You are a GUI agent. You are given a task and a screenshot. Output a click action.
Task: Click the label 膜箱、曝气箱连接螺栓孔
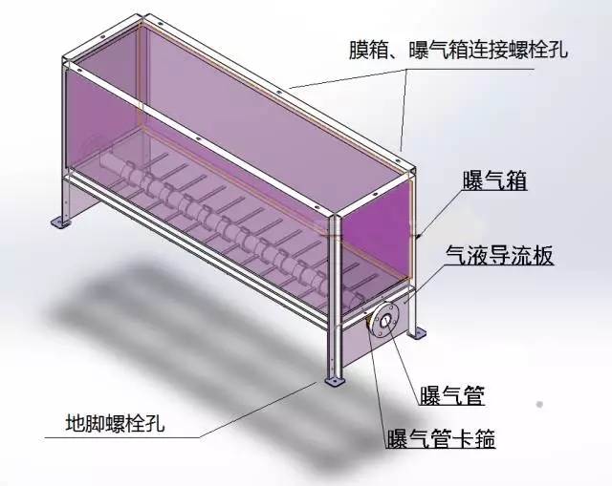458,51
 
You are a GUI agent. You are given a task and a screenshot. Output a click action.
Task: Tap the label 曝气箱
495,180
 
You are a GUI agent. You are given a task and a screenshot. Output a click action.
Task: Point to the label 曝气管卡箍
441,439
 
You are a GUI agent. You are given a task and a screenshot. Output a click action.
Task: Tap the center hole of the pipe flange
385,321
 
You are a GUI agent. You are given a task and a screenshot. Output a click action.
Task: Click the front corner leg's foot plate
334,380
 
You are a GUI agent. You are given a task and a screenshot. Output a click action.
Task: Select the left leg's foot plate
61,222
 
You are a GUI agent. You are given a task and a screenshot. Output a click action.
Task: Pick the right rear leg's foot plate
416,334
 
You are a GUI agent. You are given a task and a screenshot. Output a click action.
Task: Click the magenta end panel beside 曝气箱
376,243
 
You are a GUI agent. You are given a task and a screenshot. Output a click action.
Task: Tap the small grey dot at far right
539,404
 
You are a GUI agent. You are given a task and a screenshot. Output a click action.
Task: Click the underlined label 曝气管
452,395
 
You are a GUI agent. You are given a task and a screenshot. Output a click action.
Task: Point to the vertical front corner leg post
334,296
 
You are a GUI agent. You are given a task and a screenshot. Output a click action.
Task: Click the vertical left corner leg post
64,141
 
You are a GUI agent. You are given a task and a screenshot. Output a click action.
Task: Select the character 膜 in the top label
359,51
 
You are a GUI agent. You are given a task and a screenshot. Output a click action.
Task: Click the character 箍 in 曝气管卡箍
485,439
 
